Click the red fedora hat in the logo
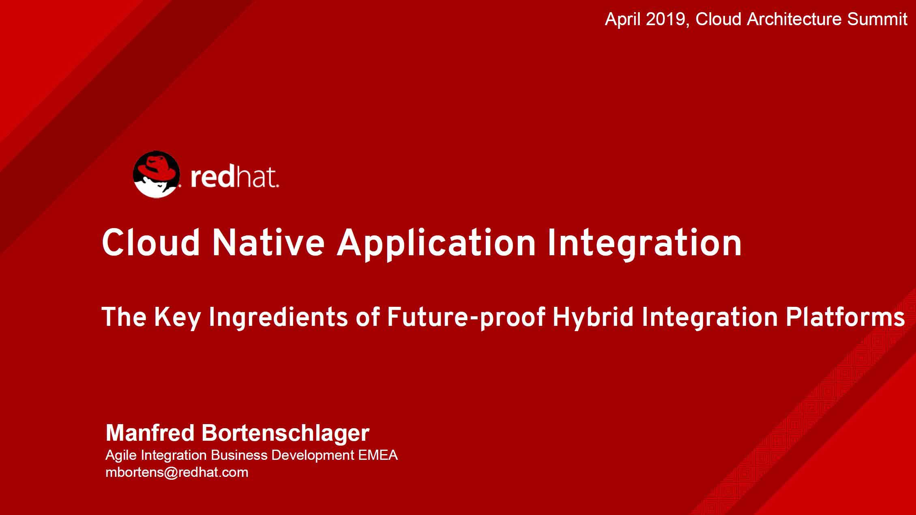click(x=157, y=170)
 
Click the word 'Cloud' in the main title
click(x=151, y=242)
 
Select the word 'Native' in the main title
click(x=268, y=242)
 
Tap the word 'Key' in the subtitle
click(x=178, y=317)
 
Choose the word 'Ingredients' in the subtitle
click(x=278, y=317)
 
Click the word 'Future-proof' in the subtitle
click(x=466, y=317)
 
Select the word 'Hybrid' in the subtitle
click(x=593, y=317)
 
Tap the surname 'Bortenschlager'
click(x=285, y=433)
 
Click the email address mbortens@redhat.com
click(x=177, y=472)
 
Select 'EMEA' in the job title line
click(x=378, y=455)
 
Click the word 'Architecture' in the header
click(x=794, y=19)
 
